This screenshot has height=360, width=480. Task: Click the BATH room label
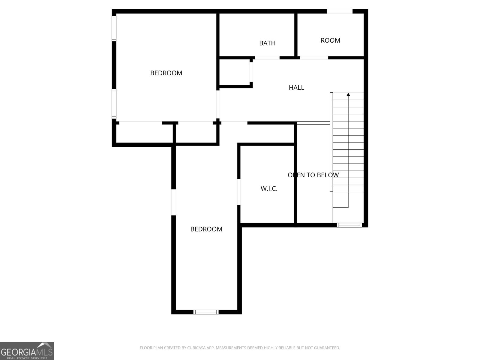pyautogui.click(x=267, y=43)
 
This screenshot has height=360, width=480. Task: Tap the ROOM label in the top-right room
pyautogui.click(x=330, y=40)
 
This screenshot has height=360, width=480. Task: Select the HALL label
pyautogui.click(x=296, y=88)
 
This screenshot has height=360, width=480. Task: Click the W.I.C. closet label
pyautogui.click(x=269, y=189)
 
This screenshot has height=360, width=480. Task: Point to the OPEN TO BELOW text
pyautogui.click(x=313, y=175)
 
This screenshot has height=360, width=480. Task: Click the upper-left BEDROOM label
pyautogui.click(x=166, y=73)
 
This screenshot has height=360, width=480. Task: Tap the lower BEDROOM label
pyautogui.click(x=206, y=229)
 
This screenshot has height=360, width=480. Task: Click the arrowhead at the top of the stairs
pyautogui.click(x=348, y=94)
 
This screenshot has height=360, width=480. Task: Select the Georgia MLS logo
pyautogui.click(x=27, y=351)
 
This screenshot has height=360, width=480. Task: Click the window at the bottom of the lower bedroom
pyautogui.click(x=206, y=312)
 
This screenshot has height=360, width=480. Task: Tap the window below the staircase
pyautogui.click(x=349, y=225)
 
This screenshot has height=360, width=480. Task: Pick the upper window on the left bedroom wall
pyautogui.click(x=114, y=28)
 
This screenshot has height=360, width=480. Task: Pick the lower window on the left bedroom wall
pyautogui.click(x=114, y=103)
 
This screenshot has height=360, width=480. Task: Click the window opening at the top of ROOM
pyautogui.click(x=339, y=11)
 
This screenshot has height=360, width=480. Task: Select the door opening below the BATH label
pyautogui.click(x=267, y=58)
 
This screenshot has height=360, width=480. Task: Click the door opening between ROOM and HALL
pyautogui.click(x=314, y=58)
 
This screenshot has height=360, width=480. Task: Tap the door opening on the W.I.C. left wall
pyautogui.click(x=239, y=192)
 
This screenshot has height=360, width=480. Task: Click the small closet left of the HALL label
pyautogui.click(x=234, y=72)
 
